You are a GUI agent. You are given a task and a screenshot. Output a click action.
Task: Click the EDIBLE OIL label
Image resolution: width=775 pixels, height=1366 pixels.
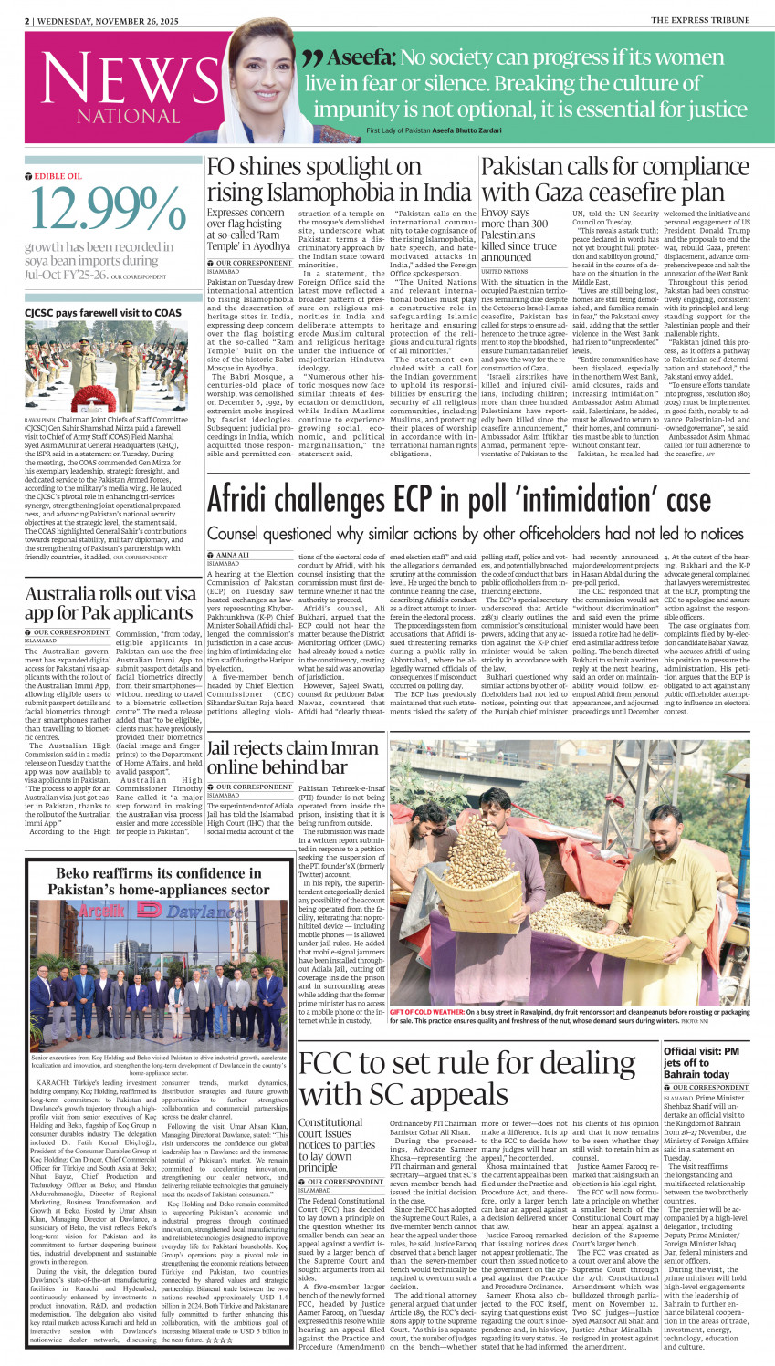58,176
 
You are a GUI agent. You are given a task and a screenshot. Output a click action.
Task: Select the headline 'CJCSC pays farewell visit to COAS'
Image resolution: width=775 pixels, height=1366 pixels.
103,313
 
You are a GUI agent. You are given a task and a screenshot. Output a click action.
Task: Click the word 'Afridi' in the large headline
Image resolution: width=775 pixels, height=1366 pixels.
254,501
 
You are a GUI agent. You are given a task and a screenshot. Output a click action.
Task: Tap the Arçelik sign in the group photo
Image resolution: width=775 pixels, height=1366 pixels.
89,912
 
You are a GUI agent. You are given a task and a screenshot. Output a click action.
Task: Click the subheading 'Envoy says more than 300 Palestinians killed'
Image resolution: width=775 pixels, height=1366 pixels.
518,235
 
